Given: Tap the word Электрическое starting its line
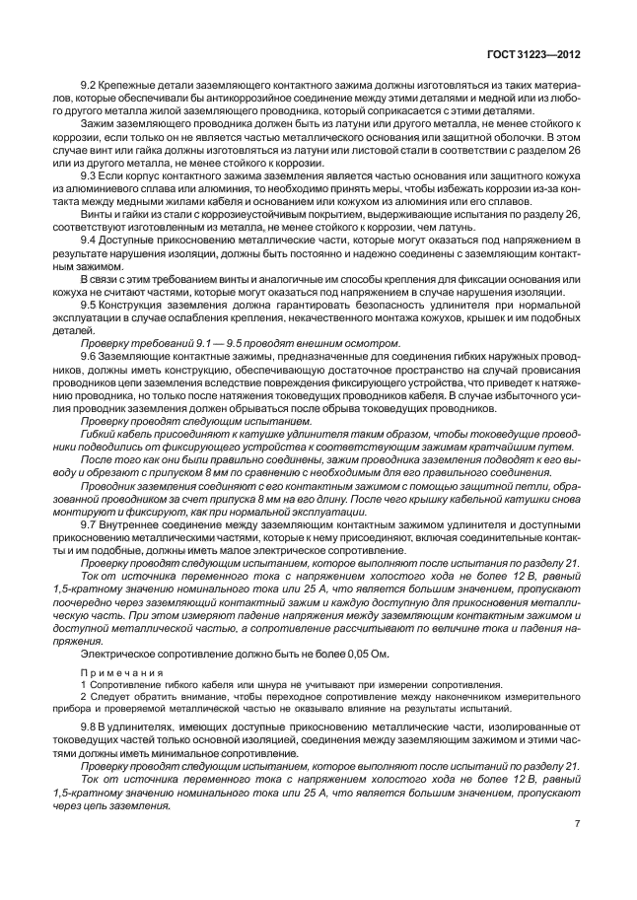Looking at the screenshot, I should [x=114, y=654].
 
